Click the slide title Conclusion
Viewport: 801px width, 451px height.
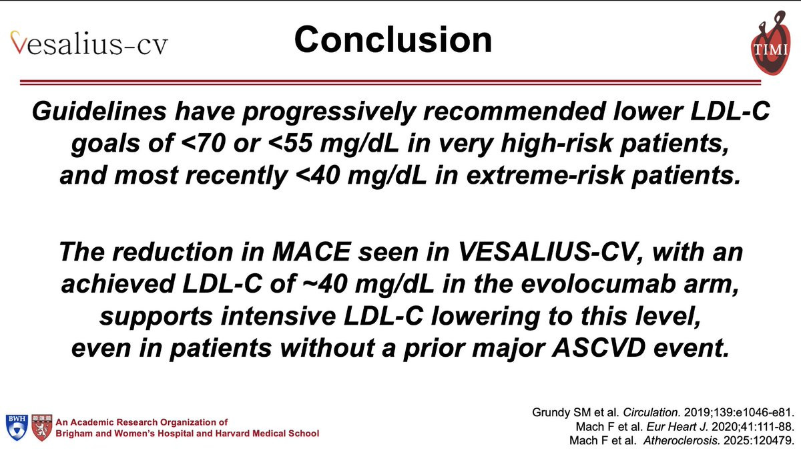(393, 39)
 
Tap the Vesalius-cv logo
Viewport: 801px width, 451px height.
(89, 43)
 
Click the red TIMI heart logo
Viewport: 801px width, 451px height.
(770, 43)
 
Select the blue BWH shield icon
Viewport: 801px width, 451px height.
(17, 428)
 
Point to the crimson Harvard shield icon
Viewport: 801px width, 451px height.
(42, 428)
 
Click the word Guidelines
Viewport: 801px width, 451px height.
(99, 111)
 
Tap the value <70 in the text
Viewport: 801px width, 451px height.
(204, 143)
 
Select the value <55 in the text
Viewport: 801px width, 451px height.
(290, 143)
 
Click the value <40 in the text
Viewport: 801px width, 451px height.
(318, 175)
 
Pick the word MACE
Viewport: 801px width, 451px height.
(311, 252)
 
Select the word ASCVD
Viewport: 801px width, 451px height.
(599, 348)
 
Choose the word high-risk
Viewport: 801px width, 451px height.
(557, 143)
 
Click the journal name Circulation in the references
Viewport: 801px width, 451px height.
(651, 412)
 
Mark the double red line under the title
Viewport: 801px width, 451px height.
(390, 83)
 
